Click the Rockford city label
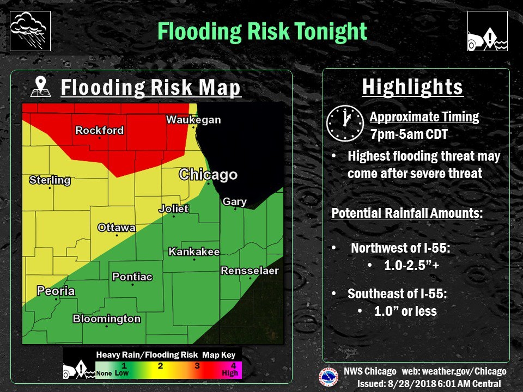pos(99,131)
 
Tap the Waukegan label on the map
pos(193,120)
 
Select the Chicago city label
pos(208,175)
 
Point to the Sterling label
pos(50,180)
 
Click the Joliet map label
pos(173,209)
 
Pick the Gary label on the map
pos(234,202)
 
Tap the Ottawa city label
pos(117,228)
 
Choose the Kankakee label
pos(194,252)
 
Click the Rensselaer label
pos(250,271)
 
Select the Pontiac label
pos(132,277)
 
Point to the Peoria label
pos(56,291)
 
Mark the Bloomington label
pos(107,319)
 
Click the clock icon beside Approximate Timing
pos(344,123)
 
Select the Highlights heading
pos(412,87)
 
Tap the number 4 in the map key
pos(233,365)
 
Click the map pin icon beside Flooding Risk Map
pos(42,87)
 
